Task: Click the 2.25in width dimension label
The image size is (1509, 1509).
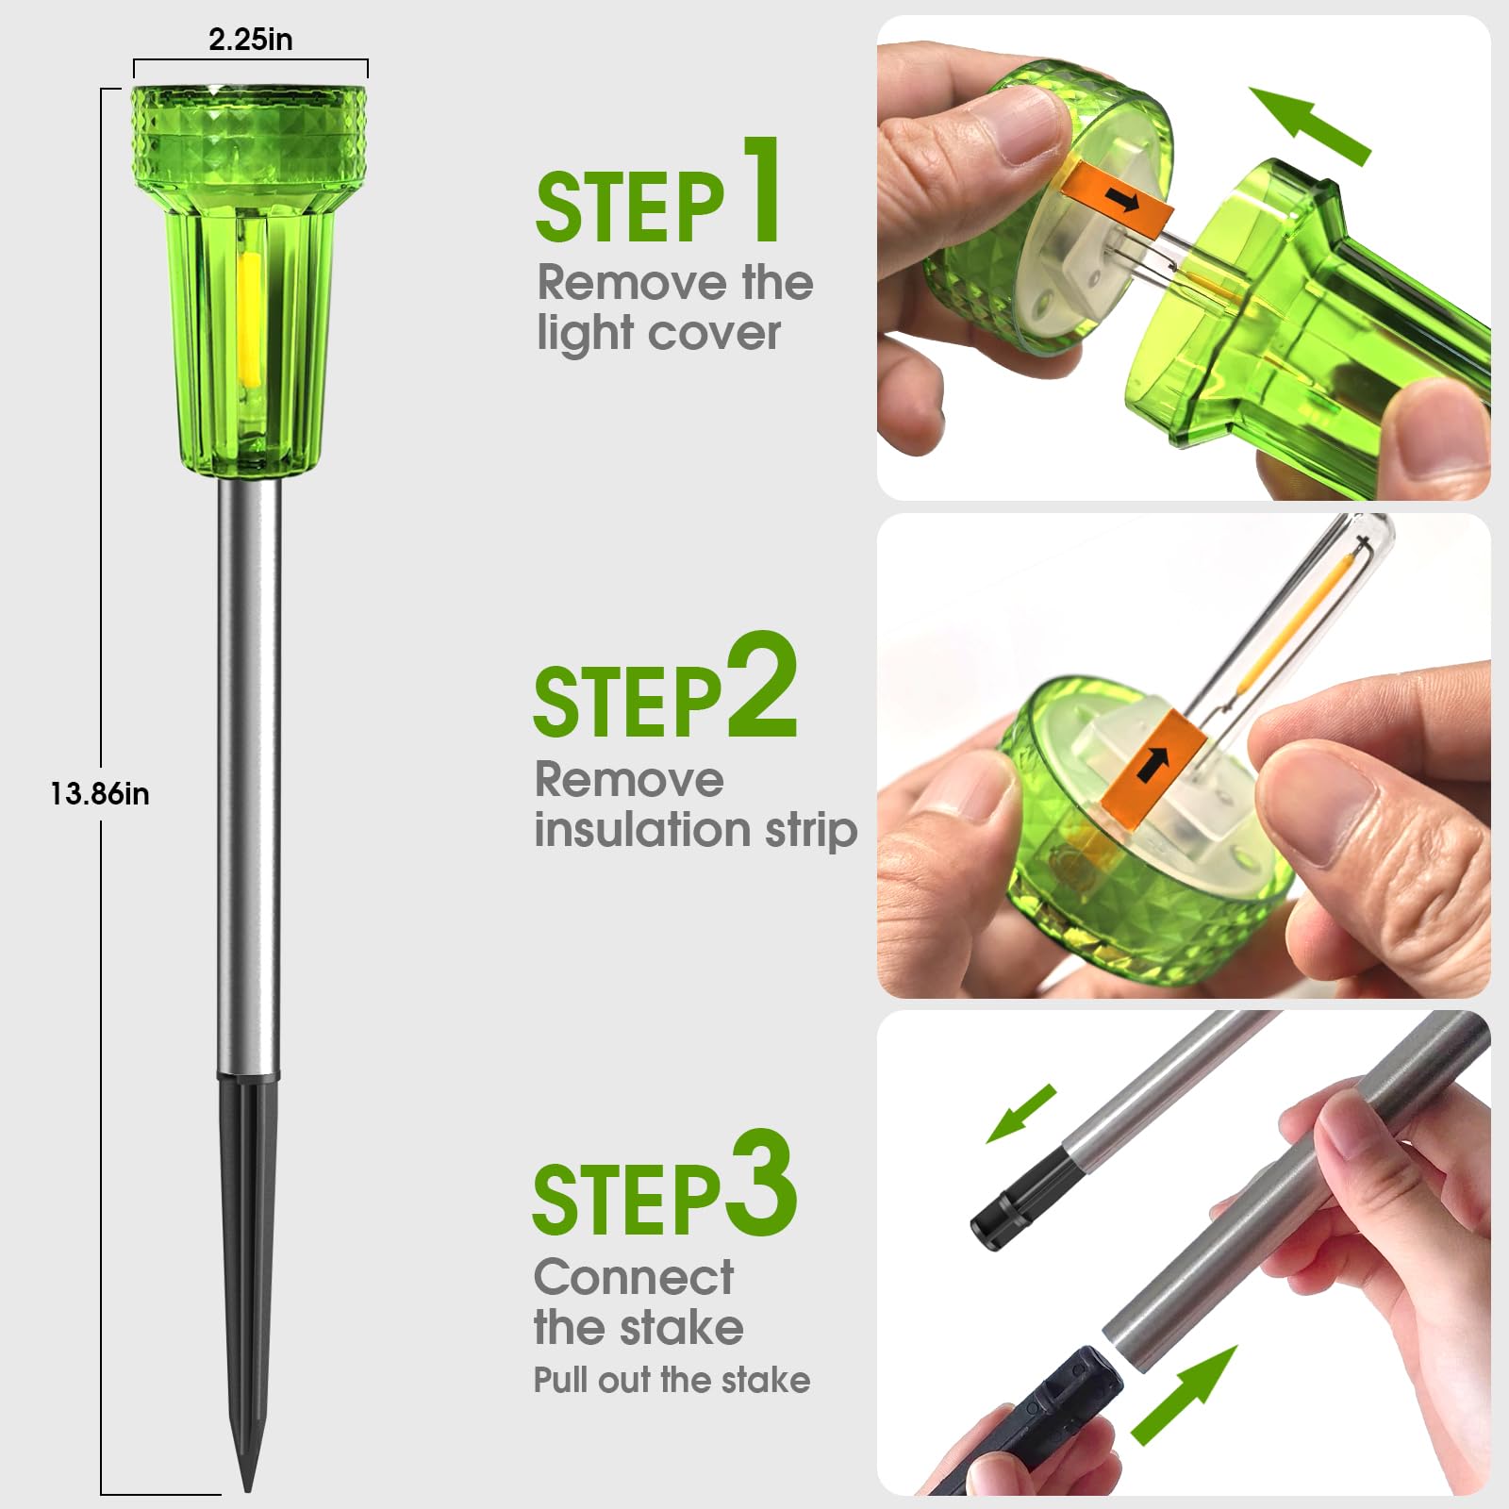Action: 250,40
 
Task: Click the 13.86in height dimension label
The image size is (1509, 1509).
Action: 100,794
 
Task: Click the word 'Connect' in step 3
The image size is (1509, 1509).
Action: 634,1278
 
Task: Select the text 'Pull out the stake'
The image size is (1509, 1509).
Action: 672,1380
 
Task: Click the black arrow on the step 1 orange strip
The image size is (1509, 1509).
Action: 1122,199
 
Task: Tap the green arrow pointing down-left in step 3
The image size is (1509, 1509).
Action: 1020,1114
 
